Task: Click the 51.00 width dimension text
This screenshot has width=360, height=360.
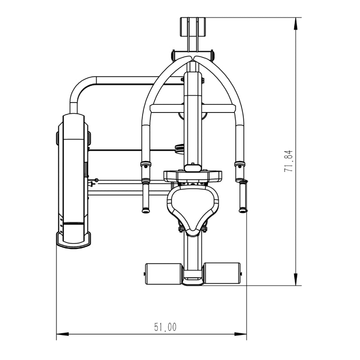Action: pos(165,327)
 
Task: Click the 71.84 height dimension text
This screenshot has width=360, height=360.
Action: pos(288,161)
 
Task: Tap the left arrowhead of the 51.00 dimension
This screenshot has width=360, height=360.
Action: pos(63,334)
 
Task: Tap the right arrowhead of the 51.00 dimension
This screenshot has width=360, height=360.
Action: pos(240,334)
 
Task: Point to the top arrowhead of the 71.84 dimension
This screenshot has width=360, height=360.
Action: pos(296,23)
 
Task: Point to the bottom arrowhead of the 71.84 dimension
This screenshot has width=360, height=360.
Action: pos(296,279)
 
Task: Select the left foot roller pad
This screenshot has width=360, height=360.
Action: pos(163,274)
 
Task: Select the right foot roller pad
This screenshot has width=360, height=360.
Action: pos(222,273)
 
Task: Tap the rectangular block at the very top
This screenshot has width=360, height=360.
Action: pos(193,27)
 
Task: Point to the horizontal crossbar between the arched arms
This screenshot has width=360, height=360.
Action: pos(193,108)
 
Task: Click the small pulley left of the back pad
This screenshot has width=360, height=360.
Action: pos(180,148)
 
